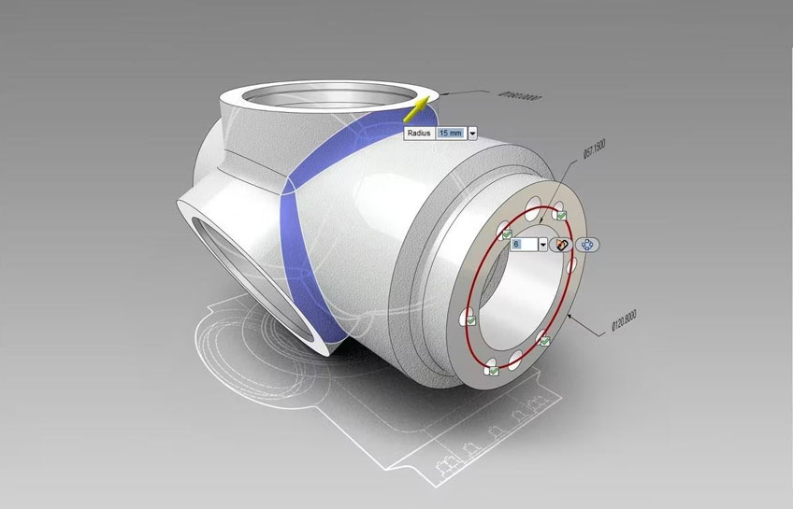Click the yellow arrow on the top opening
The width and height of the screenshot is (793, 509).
coord(416,110)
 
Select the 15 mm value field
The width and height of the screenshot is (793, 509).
coord(450,134)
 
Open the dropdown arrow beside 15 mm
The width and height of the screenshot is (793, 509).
coord(472,134)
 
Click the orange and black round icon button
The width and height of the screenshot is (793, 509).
coord(562,245)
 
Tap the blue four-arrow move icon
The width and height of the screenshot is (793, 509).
coord(587,244)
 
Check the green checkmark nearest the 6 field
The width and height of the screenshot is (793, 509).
coord(506,233)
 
